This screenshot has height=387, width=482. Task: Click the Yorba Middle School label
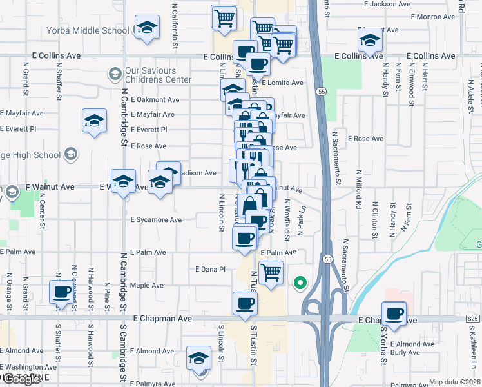[88, 30]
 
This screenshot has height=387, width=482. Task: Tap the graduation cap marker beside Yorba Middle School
[147, 29]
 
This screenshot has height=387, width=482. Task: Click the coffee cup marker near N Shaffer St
[62, 292]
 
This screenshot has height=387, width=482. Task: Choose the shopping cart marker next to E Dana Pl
[271, 272]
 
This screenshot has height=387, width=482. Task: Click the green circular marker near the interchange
[300, 282]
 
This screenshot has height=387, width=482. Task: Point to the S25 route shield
[474, 319]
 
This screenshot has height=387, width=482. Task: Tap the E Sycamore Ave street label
[155, 220]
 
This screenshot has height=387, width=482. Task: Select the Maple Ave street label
[147, 286]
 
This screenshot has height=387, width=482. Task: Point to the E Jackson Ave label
[387, 4]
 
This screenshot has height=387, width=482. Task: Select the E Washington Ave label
[23, 367]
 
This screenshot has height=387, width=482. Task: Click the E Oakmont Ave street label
[155, 100]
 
